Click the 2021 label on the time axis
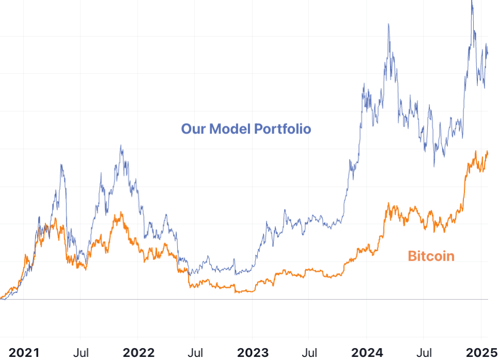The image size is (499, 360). (24, 353)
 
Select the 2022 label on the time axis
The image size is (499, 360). (138, 353)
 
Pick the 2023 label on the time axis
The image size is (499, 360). (253, 353)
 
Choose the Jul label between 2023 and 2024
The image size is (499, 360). (309, 353)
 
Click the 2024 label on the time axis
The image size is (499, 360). (367, 353)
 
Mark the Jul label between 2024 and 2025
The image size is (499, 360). (424, 353)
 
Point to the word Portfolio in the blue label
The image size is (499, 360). (282, 128)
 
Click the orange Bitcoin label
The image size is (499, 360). (431, 256)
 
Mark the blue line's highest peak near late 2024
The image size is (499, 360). (472, 2)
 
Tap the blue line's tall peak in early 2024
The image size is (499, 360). (388, 24)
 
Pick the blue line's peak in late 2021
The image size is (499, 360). (121, 145)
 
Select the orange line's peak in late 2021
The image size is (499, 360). (121, 212)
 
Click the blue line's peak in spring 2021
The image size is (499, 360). (61, 165)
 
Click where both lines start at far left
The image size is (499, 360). (2, 298)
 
